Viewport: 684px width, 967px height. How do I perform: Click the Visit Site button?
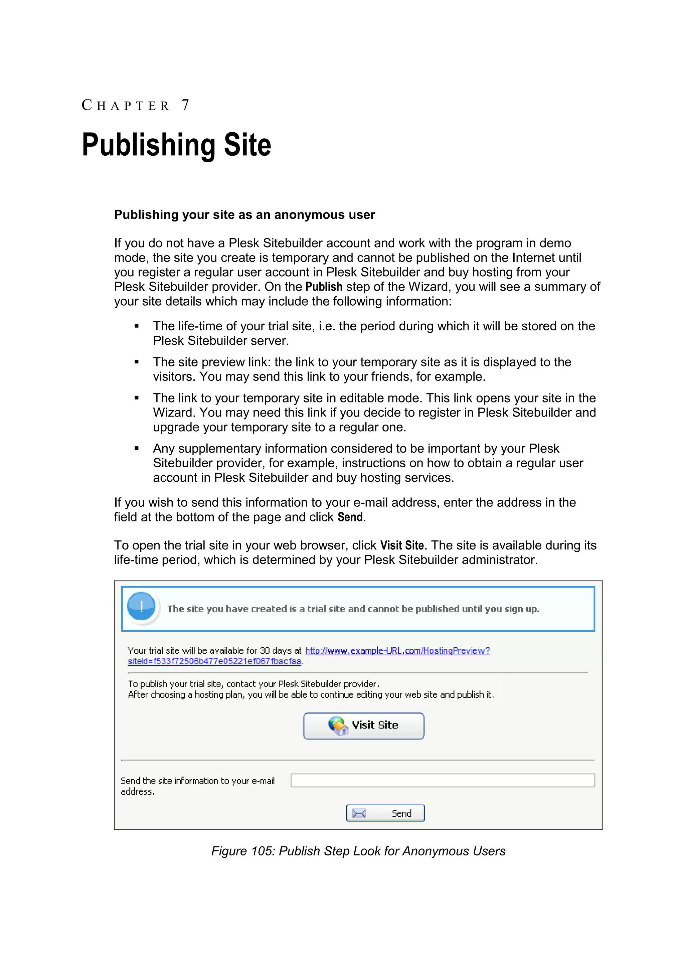click(x=363, y=726)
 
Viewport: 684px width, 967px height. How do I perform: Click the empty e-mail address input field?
click(x=442, y=780)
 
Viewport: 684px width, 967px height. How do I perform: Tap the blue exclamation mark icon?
click(x=141, y=607)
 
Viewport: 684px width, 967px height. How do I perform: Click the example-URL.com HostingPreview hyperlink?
click(x=397, y=651)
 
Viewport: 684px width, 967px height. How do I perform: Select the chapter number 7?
click(x=185, y=105)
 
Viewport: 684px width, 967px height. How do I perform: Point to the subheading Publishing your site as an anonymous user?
click(x=244, y=215)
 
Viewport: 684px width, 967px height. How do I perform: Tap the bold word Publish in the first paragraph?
click(x=324, y=287)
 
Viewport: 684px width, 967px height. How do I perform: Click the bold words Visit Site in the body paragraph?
click(x=402, y=545)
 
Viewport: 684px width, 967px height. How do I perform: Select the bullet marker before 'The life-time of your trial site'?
click(x=137, y=326)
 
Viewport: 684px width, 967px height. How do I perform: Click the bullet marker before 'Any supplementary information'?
click(x=137, y=449)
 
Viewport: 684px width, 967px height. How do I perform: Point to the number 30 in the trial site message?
click(x=265, y=651)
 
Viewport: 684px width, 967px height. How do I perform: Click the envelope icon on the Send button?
click(x=359, y=813)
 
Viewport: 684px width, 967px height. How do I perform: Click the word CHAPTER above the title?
click(x=126, y=105)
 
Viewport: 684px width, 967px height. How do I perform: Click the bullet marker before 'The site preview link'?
click(x=137, y=362)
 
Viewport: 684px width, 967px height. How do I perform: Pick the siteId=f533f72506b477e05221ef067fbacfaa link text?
click(x=214, y=661)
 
